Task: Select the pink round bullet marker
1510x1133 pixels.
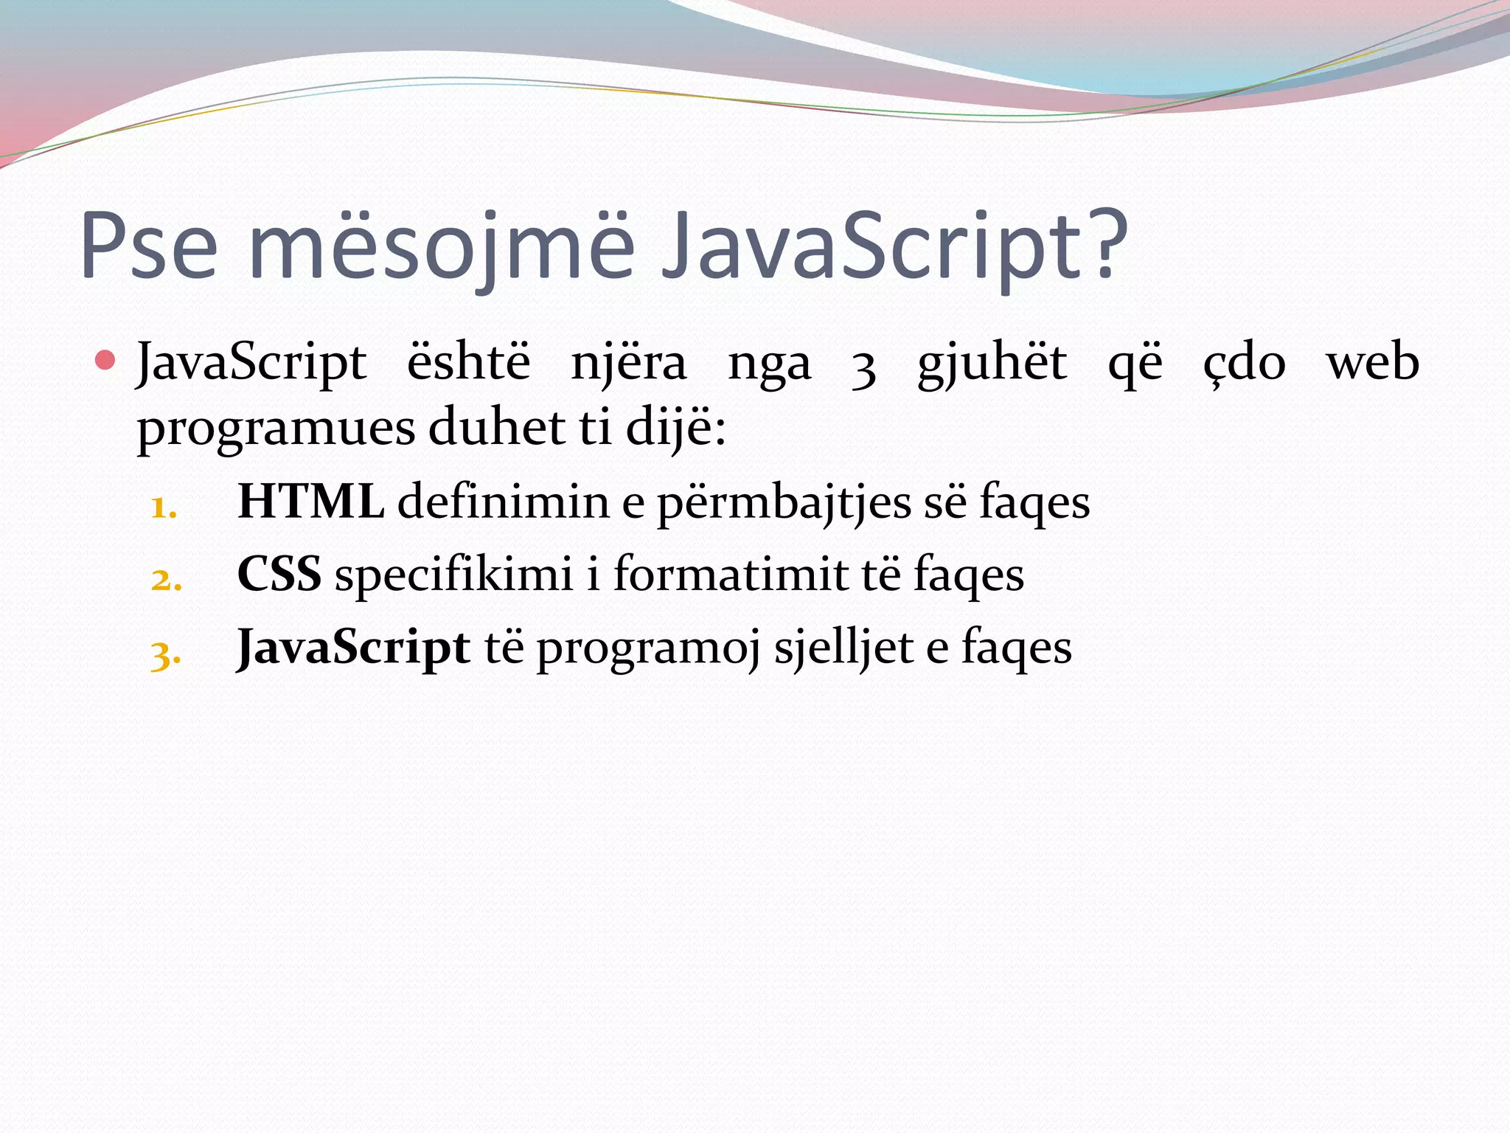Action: tap(105, 361)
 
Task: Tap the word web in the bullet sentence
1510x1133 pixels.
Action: tap(1372, 363)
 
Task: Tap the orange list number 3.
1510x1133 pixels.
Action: tap(165, 654)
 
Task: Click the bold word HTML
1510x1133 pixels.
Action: tap(310, 502)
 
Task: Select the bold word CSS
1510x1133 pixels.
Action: tap(279, 574)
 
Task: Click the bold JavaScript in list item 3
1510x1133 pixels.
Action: tap(353, 648)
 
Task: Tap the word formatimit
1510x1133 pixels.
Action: tap(731, 574)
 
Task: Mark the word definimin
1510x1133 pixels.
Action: tap(503, 502)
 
